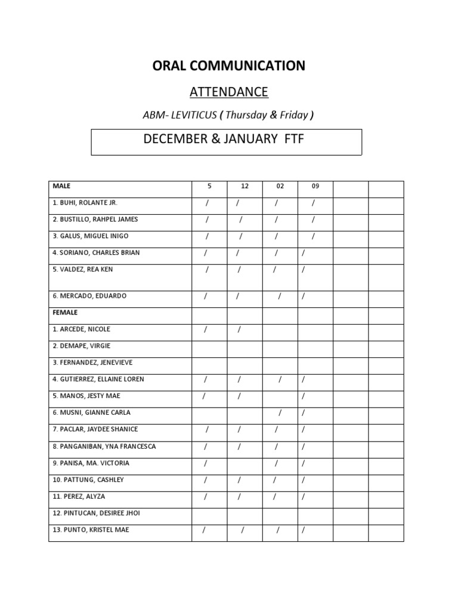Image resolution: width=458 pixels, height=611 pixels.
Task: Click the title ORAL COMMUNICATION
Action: pyautogui.click(x=229, y=66)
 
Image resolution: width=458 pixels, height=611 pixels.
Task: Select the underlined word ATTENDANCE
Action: pyautogui.click(x=229, y=92)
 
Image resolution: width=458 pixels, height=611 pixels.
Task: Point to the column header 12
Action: pyautogui.click(x=245, y=186)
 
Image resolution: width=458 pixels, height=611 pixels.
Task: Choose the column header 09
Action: pyautogui.click(x=315, y=186)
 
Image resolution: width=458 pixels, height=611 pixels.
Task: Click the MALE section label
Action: pyautogui.click(x=61, y=186)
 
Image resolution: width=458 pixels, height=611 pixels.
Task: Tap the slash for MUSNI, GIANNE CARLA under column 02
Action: pyautogui.click(x=278, y=413)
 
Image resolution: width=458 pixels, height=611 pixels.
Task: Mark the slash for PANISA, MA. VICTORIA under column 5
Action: pyautogui.click(x=206, y=463)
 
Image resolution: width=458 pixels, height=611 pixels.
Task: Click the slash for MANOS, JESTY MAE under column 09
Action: pyautogui.click(x=303, y=396)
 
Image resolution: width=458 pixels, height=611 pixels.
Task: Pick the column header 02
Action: pyautogui.click(x=280, y=186)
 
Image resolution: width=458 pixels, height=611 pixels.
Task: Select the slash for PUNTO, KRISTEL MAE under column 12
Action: pyautogui.click(x=243, y=530)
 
